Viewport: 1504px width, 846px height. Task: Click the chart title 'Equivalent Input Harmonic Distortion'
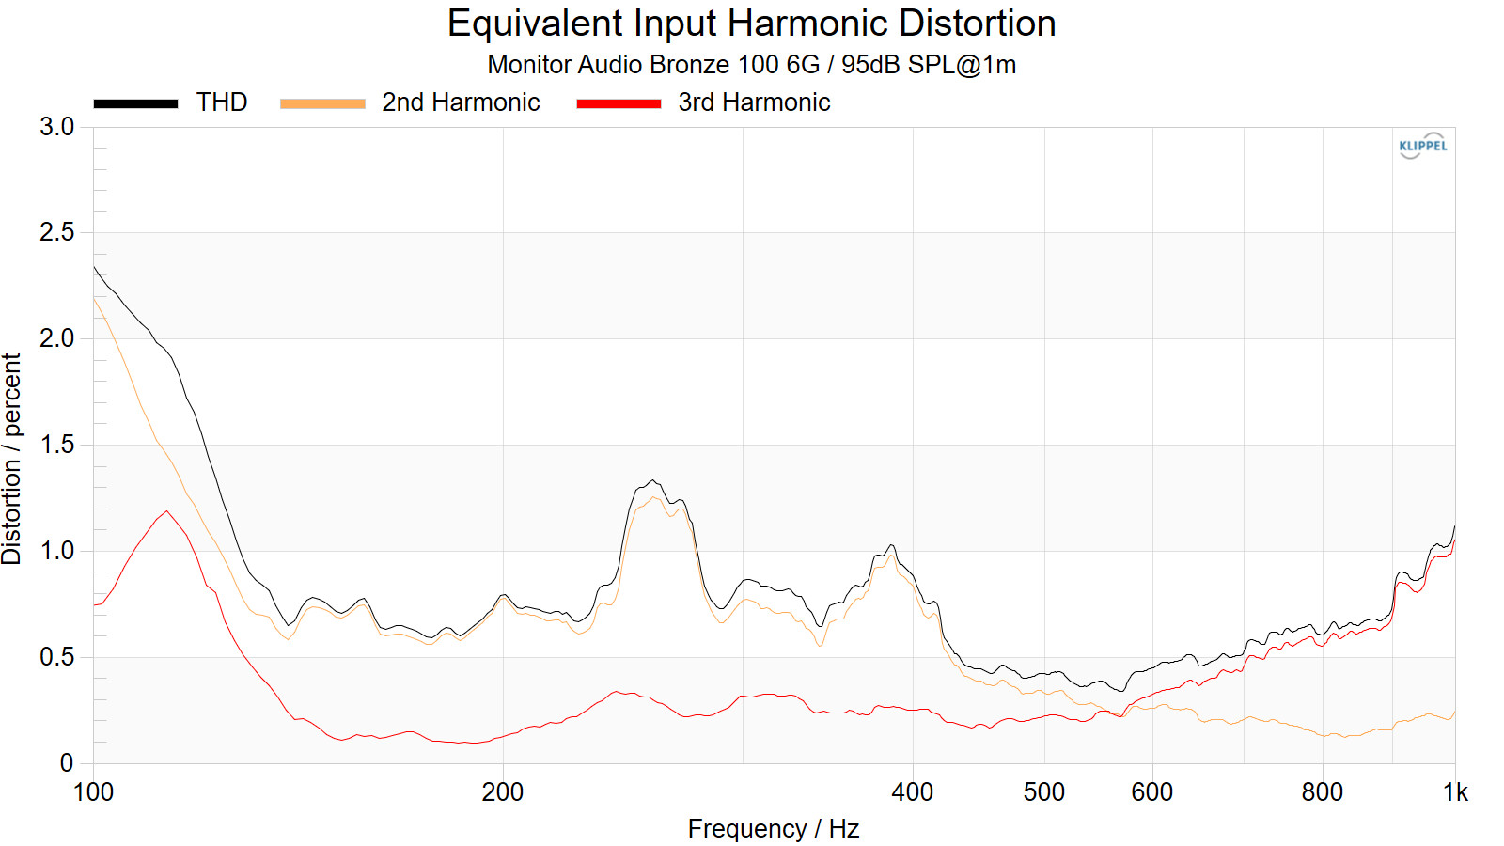751,23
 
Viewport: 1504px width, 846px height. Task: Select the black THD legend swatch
135,103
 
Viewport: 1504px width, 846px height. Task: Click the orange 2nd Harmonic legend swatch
322,103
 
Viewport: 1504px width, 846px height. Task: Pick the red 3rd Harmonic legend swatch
619,103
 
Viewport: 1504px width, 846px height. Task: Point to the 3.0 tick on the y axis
56,127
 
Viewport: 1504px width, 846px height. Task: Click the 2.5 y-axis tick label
56,232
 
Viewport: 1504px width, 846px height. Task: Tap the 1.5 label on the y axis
56,445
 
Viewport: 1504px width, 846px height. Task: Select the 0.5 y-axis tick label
56,657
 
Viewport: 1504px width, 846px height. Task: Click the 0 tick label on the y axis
66,763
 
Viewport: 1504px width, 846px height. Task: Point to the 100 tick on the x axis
93,792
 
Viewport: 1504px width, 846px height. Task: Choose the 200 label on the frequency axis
503,792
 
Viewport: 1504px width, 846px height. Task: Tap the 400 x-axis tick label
912,792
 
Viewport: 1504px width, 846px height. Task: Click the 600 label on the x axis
1151,792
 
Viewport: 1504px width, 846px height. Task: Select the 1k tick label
1455,792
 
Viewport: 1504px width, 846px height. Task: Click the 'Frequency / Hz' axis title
773,829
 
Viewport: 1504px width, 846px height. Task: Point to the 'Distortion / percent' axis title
12,459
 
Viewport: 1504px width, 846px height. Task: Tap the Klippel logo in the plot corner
1422,146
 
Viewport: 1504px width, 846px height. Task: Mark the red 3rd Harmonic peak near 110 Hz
167,511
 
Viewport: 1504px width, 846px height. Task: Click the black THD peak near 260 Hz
653,480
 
